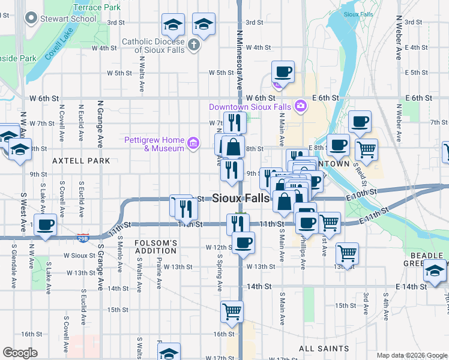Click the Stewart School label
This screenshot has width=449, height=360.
point(68,19)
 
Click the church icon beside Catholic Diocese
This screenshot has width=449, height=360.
point(193,44)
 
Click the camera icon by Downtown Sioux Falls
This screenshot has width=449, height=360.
point(300,107)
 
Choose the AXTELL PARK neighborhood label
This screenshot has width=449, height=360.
point(81,161)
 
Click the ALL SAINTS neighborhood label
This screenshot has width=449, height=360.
point(324,349)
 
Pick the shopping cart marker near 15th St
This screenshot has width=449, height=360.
point(231,311)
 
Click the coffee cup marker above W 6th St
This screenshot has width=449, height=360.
point(283,71)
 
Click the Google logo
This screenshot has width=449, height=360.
point(20,353)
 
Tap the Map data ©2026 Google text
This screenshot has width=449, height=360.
point(412,355)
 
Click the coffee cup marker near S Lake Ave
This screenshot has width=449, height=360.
point(46,225)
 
